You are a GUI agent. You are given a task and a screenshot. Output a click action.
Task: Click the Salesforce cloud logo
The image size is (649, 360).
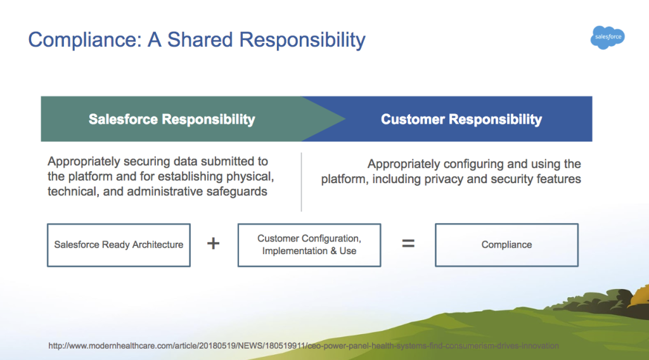click(x=608, y=37)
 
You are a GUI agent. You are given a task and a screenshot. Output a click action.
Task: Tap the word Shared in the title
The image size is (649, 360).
click(x=200, y=40)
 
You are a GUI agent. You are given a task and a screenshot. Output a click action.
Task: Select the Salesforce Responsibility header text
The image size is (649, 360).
click(x=172, y=119)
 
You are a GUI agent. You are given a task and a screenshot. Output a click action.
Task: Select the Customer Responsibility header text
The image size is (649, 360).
click(x=461, y=119)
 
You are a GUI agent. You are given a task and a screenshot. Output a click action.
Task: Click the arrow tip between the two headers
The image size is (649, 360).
click(x=345, y=119)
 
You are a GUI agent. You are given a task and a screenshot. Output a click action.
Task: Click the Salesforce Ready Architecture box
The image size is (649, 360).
click(x=119, y=245)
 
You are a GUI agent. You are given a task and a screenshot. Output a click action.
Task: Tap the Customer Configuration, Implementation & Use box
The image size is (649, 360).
click(x=309, y=245)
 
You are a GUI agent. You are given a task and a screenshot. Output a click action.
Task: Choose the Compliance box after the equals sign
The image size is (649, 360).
click(x=506, y=245)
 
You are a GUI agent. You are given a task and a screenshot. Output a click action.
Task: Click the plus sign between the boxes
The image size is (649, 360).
click(x=213, y=243)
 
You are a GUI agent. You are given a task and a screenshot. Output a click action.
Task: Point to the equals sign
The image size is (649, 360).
click(x=408, y=243)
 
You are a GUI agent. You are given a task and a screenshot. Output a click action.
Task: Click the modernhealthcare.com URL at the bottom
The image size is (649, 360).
click(x=304, y=345)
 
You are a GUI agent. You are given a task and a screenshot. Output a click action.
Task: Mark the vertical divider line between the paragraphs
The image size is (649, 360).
click(x=301, y=182)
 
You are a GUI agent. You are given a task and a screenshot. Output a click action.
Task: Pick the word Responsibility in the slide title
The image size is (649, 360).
click(x=302, y=41)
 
